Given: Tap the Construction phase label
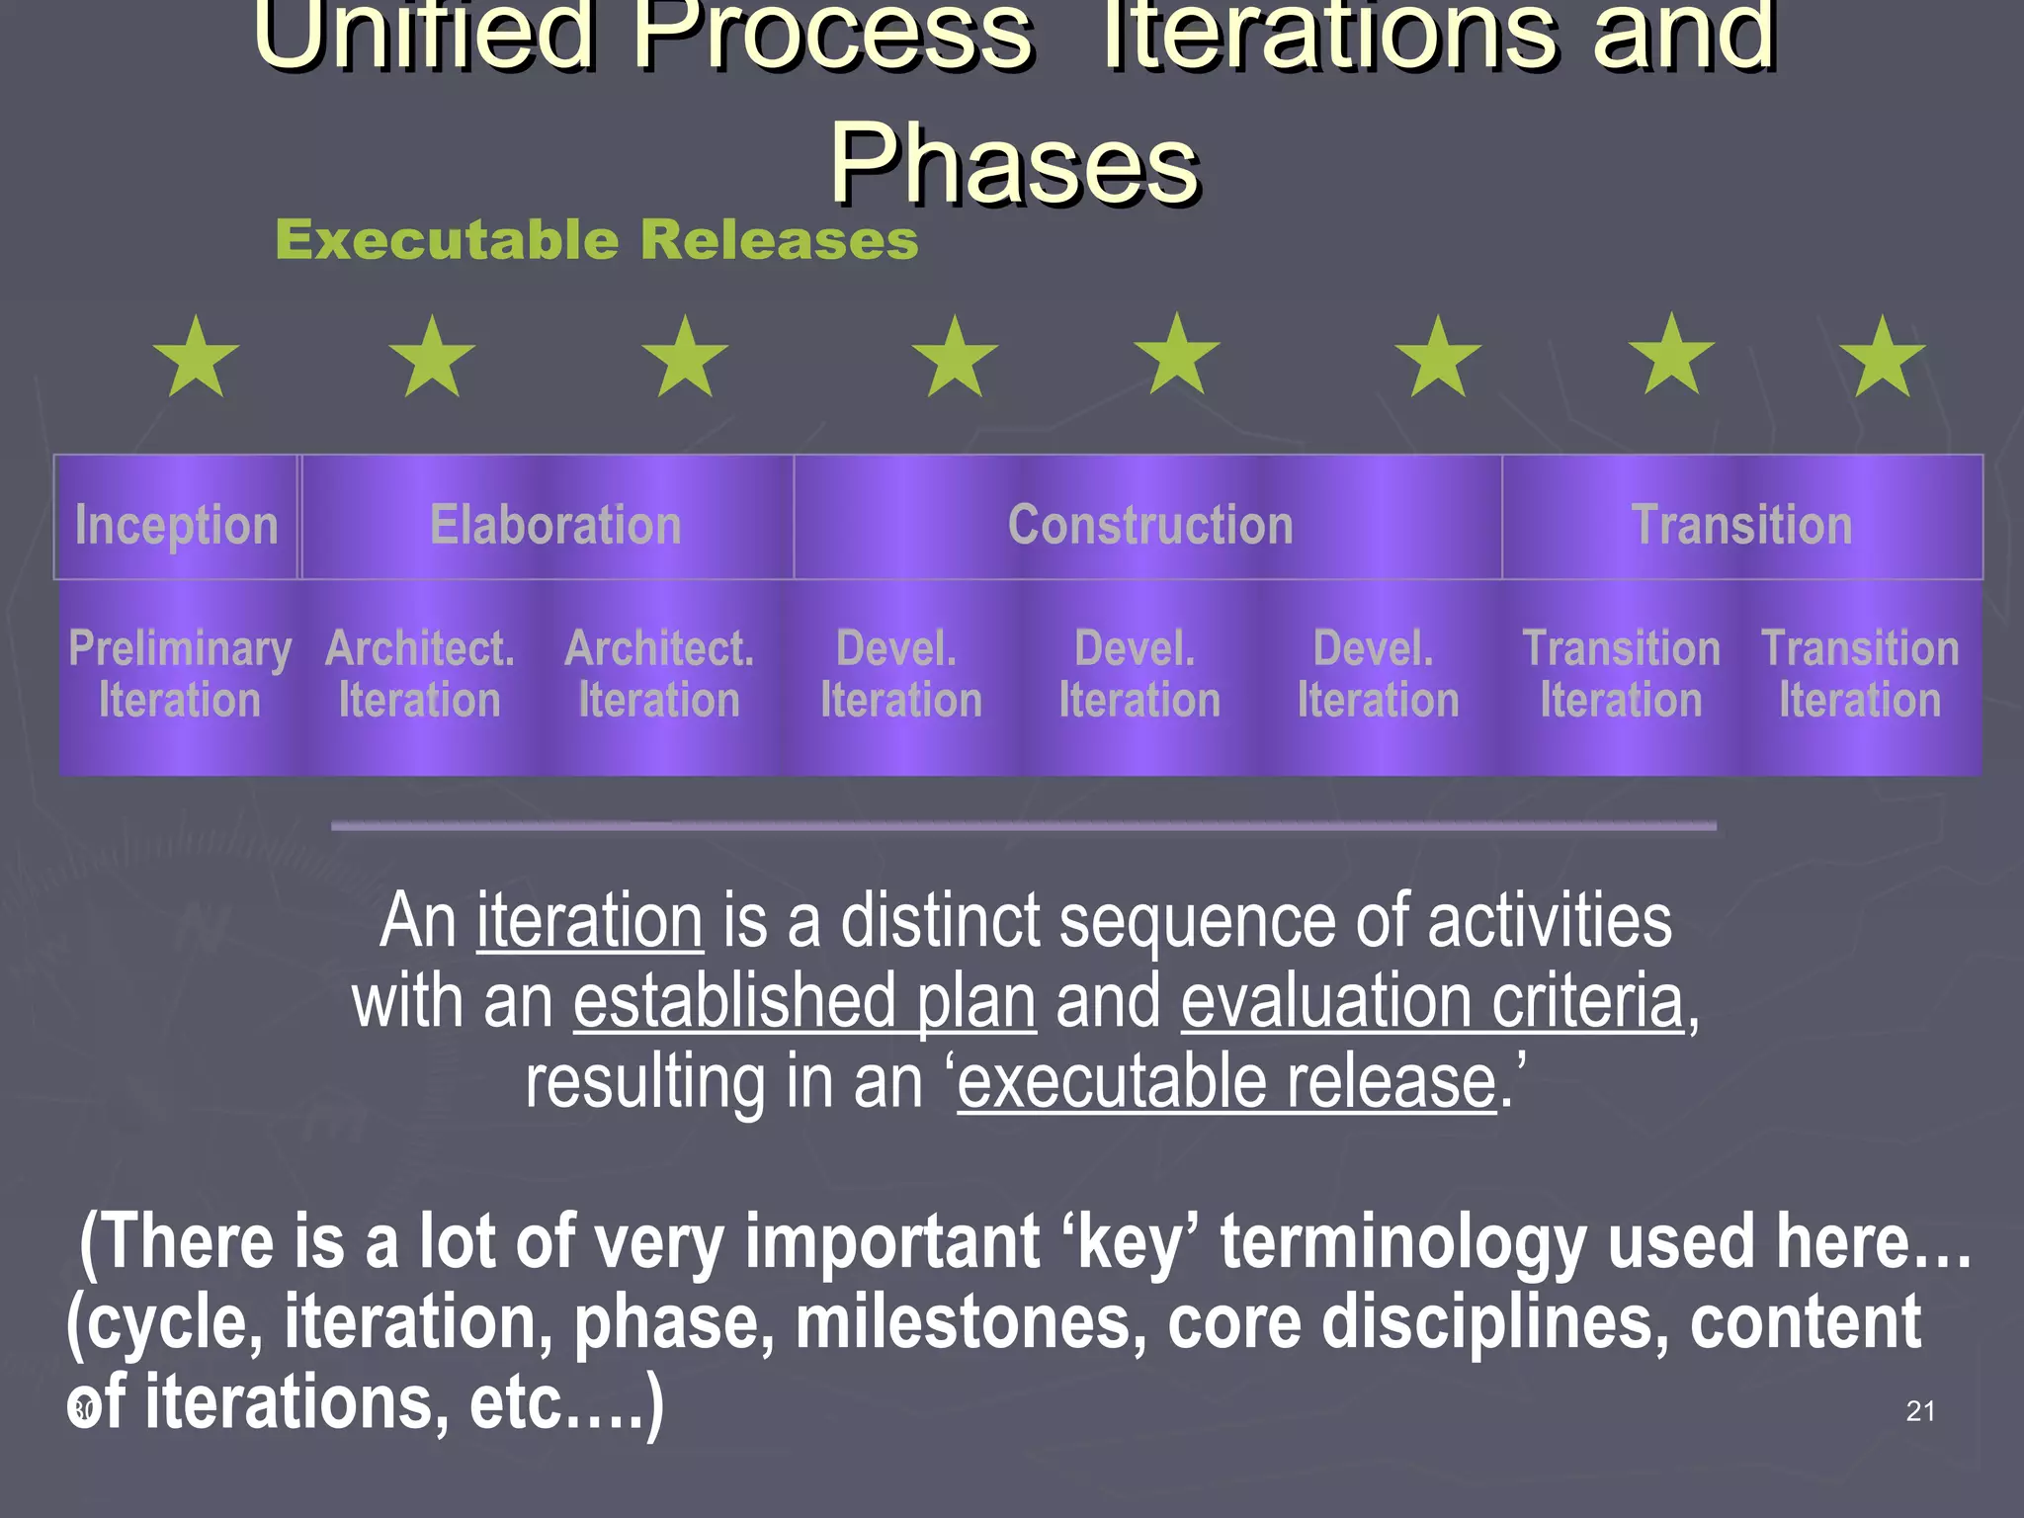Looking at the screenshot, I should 1149,524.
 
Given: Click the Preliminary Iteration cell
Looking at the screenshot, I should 179,675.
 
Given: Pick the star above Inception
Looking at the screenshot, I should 197,358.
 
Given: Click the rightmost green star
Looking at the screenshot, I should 1883,358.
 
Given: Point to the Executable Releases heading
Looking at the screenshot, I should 596,240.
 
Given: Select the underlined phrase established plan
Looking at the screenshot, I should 804,1002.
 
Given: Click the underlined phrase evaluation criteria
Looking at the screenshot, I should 1432,1002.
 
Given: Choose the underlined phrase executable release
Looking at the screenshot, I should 1226,1081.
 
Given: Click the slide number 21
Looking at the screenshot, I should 1920,1411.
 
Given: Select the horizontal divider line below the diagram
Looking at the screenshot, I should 1023,825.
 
